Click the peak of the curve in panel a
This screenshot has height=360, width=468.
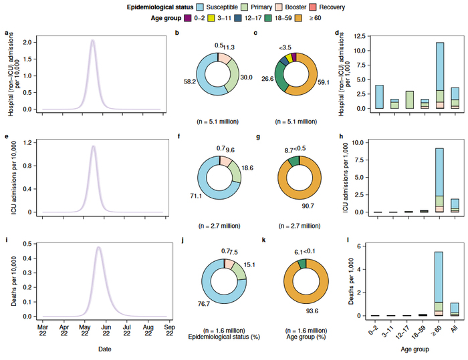click(93, 40)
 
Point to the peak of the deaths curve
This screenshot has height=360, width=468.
click(99, 248)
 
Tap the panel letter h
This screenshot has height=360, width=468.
click(342, 136)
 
